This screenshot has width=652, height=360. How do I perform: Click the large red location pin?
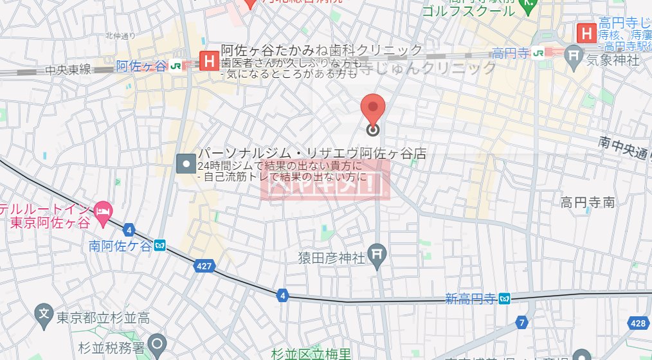(x=372, y=109)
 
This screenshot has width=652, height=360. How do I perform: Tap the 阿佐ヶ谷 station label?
(x=141, y=65)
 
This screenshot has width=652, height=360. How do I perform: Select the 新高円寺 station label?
(x=471, y=298)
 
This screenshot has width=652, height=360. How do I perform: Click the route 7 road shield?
(x=521, y=322)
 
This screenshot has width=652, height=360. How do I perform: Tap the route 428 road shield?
(x=638, y=323)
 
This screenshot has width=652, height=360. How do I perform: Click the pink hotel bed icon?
(x=103, y=210)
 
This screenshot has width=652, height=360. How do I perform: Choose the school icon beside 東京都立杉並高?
(x=43, y=315)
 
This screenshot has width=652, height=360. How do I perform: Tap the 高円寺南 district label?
(x=587, y=203)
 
